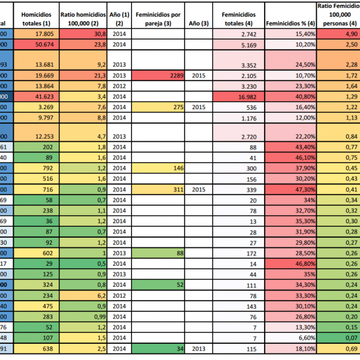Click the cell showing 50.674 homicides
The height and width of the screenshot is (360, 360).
point(37,44)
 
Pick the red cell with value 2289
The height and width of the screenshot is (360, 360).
point(158,76)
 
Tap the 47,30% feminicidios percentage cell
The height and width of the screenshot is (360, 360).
point(290,189)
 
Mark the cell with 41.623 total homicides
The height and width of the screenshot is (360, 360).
point(37,96)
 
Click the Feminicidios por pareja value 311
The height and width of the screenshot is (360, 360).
point(158,189)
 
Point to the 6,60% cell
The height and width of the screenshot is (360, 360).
point(290,338)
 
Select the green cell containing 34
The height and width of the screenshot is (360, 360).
point(158,349)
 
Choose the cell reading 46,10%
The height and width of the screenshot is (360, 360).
point(290,157)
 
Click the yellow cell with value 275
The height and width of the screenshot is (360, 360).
point(158,107)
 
